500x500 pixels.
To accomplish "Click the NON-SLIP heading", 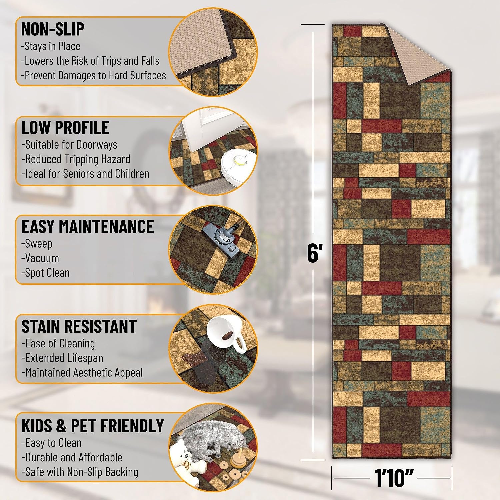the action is click(53, 29).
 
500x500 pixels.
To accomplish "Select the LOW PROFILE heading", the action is click(65, 127).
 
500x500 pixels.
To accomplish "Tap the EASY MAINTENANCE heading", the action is click(88, 227).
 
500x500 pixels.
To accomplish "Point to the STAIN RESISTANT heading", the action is click(79, 326).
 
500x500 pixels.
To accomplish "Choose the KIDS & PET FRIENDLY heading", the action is click(93, 426).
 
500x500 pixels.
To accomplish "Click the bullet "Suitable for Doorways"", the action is click(69, 145).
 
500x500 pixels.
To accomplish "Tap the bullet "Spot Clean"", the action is click(45, 273).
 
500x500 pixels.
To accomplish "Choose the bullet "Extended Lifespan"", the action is click(62, 358).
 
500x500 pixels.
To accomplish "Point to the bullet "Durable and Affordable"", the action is click(71, 457).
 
